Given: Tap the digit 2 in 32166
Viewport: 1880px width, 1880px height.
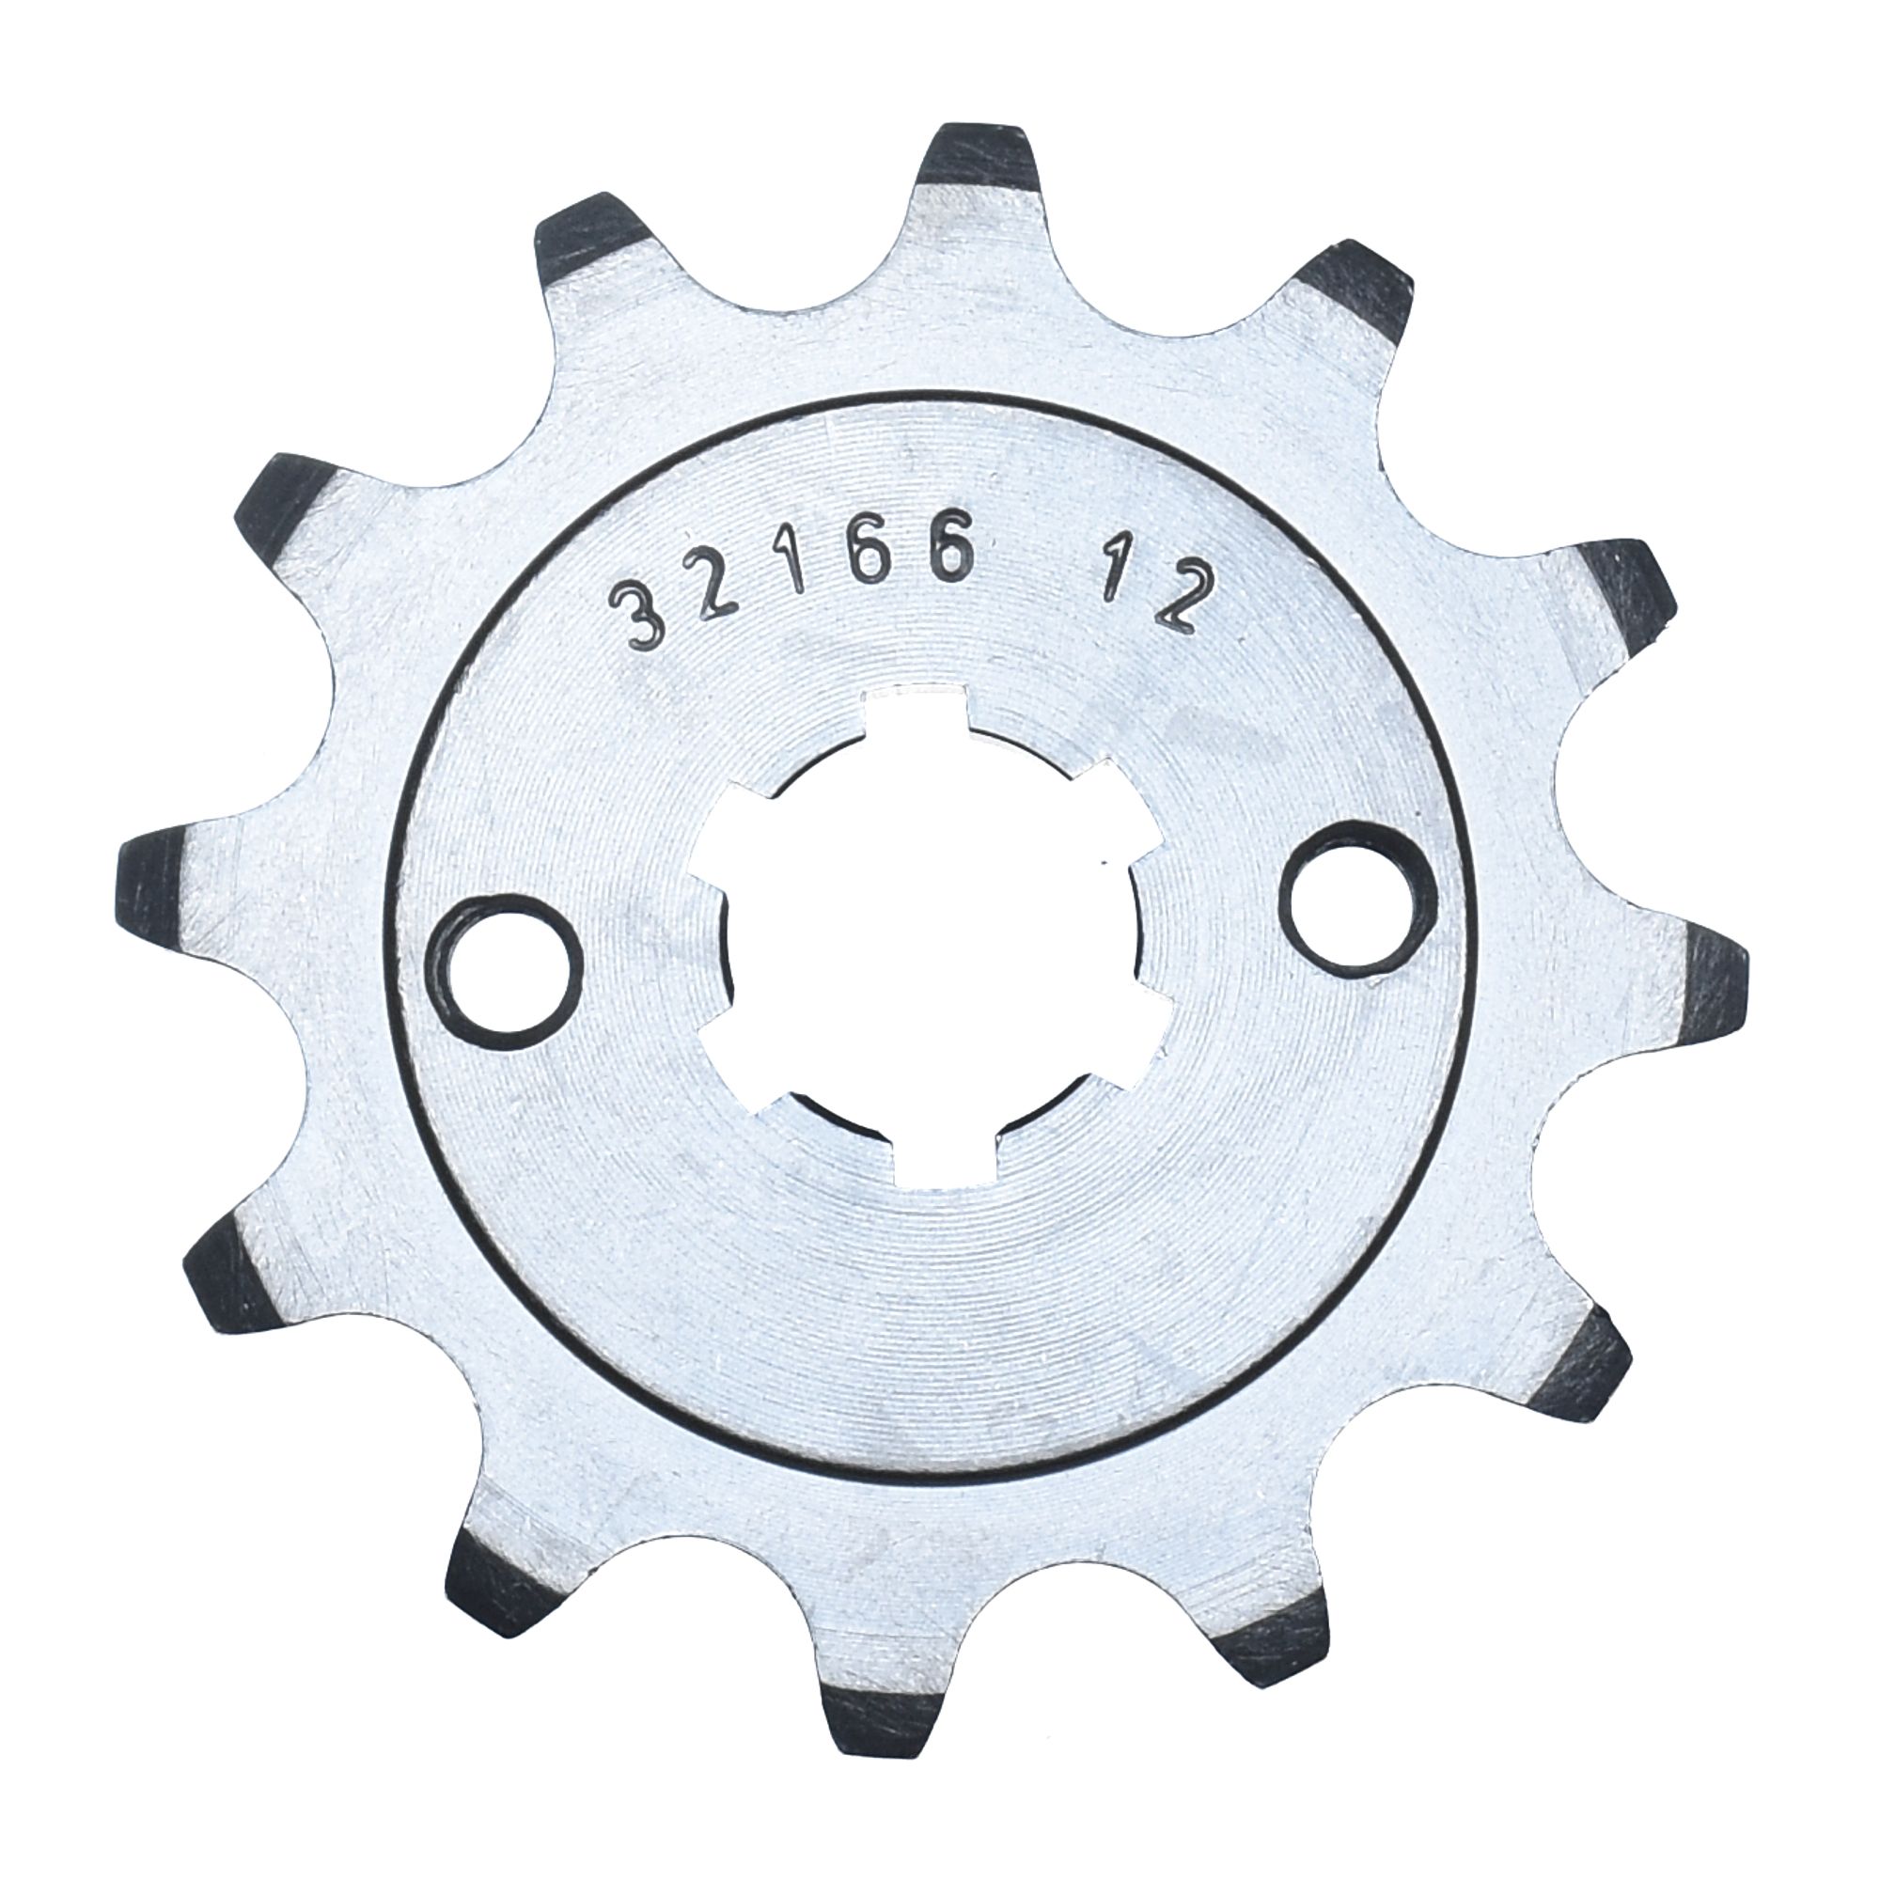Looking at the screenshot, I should click(x=716, y=595).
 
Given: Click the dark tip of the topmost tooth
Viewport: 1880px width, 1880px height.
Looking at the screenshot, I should click(x=976, y=156).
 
